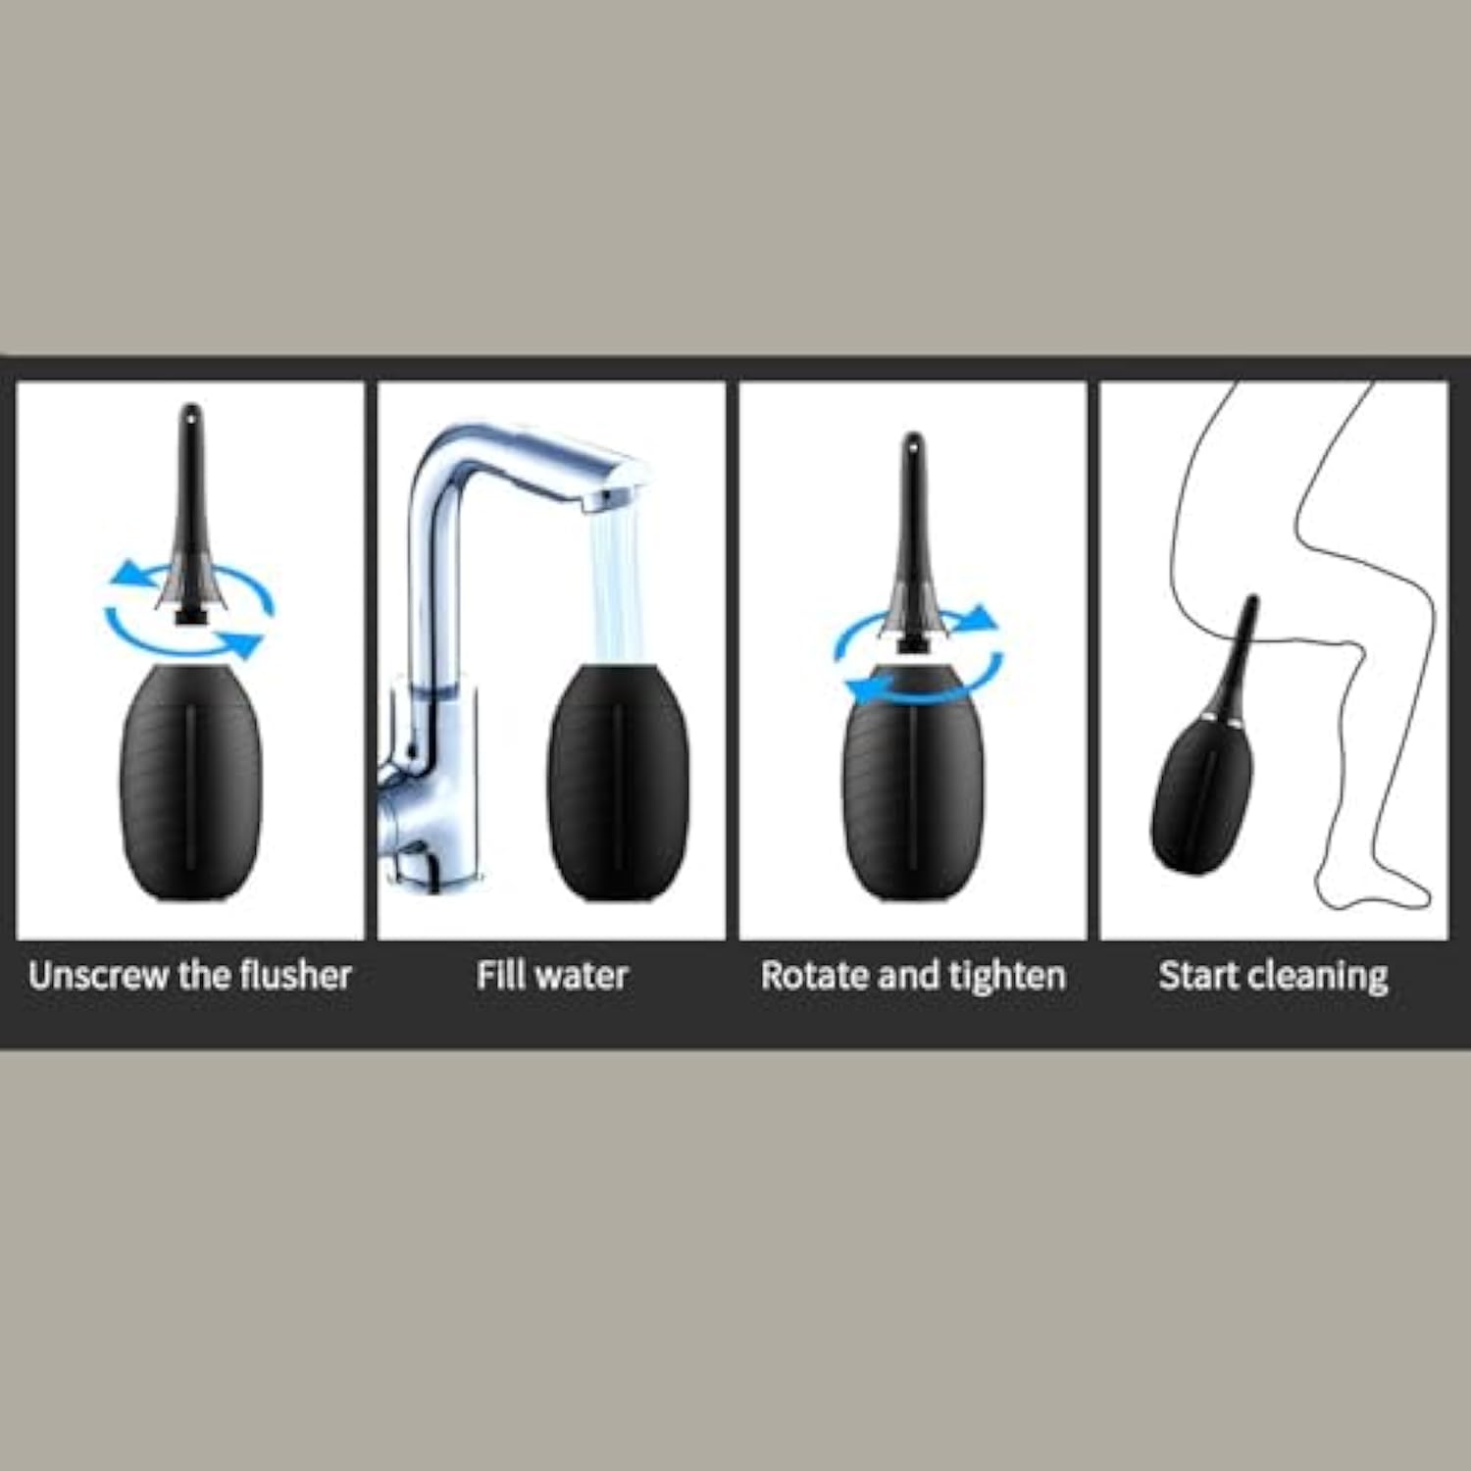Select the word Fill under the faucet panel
click(x=496, y=976)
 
